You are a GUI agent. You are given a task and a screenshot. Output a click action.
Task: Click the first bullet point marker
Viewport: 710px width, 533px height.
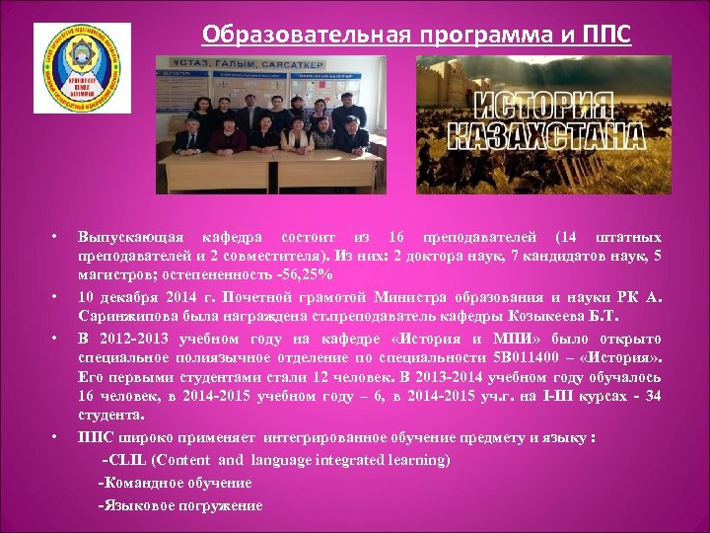pos(56,238)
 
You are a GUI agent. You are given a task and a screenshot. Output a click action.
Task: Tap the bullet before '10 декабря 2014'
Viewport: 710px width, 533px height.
pos(56,295)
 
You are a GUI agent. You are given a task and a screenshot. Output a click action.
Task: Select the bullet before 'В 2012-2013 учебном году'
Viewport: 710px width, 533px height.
pos(56,337)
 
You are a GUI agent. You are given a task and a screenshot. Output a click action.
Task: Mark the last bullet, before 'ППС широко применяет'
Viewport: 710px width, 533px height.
pos(56,434)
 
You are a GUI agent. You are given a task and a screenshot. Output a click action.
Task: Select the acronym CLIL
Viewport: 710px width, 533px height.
pos(130,461)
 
